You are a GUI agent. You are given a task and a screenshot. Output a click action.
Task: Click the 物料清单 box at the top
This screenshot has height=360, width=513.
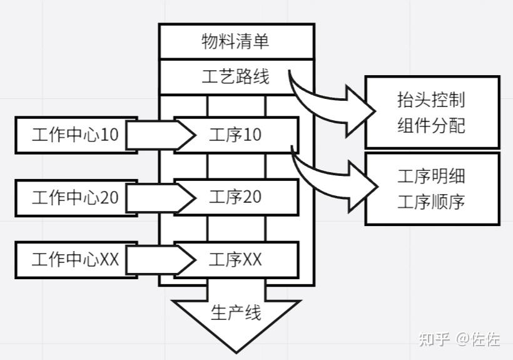236,42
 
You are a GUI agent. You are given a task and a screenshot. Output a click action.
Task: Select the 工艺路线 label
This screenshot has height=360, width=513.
236,77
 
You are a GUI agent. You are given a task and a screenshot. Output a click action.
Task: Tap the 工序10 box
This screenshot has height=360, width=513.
236,135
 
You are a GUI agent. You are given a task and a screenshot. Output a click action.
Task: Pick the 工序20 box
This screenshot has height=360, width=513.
236,197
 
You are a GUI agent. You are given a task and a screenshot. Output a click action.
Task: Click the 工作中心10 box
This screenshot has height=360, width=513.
76,135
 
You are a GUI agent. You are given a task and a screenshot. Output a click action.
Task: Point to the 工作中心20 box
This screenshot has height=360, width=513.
76,197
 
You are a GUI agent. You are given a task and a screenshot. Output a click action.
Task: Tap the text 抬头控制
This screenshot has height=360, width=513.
432,100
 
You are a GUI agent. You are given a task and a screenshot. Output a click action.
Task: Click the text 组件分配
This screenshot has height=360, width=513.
432,125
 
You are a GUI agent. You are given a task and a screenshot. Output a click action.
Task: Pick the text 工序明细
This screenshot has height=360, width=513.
432,176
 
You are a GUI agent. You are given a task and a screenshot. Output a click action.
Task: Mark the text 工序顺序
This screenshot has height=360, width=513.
432,202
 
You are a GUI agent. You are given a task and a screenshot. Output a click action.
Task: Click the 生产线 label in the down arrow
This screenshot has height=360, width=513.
236,312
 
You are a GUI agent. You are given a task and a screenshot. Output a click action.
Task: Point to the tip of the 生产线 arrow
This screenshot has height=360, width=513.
236,351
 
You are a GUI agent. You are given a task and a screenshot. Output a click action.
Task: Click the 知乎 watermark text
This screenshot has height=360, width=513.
435,339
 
